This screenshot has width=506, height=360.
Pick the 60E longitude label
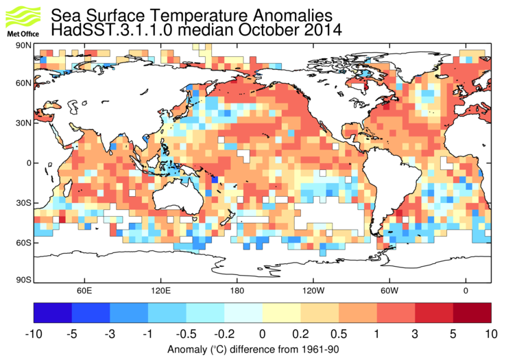click(x=84, y=290)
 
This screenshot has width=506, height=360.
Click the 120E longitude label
click(x=160, y=290)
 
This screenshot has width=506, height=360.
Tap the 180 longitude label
click(x=237, y=290)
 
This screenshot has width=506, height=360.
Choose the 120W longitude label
click(x=313, y=290)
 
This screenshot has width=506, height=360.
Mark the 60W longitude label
click(x=389, y=290)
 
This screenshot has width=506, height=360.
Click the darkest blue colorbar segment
click(x=53, y=313)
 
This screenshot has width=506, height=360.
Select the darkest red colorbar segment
click(x=472, y=313)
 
